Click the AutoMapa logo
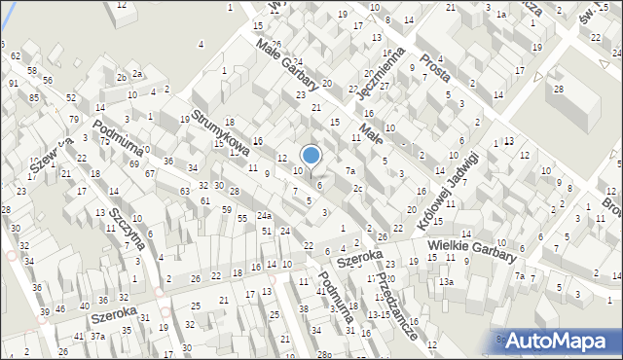(559, 340)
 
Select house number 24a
(264, 215)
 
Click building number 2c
(358, 188)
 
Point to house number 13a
(446, 281)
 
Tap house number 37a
(98, 336)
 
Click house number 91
(14, 84)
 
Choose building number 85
(35, 97)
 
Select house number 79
(74, 119)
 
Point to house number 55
(241, 219)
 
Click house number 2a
(138, 74)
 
